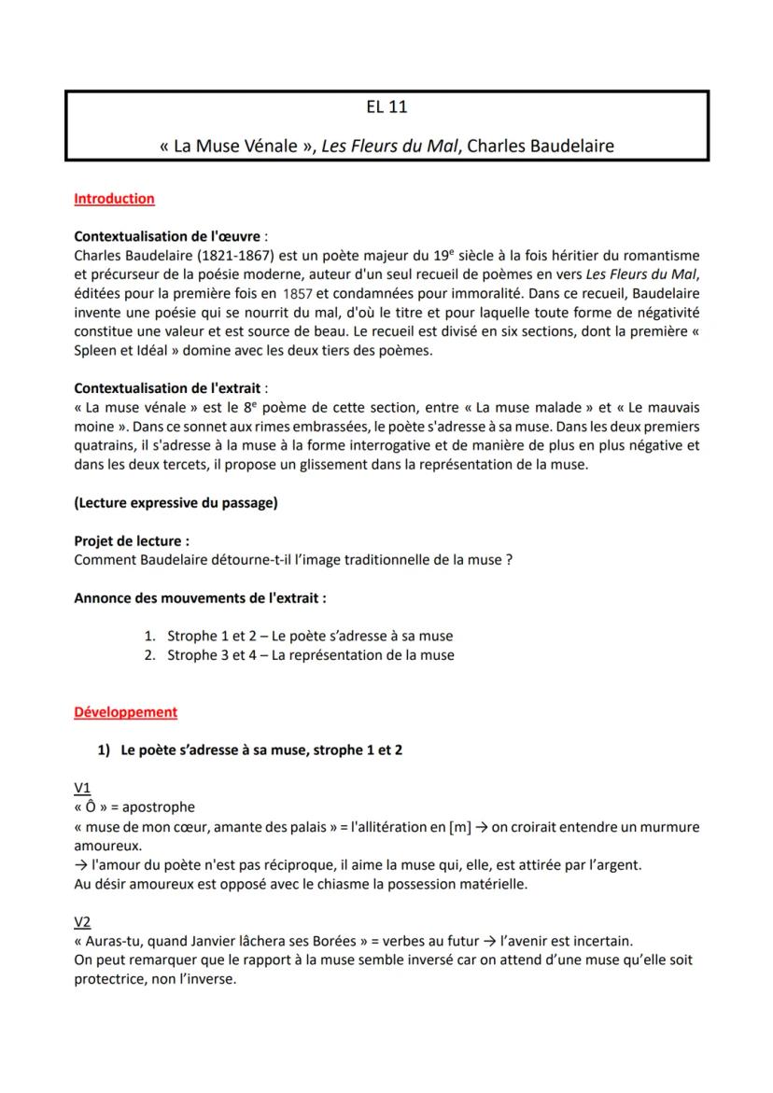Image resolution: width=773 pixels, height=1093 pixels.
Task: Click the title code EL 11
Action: [386, 107]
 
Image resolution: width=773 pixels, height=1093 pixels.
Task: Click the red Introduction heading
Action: [114, 198]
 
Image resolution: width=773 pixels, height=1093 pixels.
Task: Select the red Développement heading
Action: [125, 711]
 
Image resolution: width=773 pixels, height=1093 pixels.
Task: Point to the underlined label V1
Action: [82, 789]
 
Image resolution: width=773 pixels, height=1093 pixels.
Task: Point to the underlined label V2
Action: [82, 922]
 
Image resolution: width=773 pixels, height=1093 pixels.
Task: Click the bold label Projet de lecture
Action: [131, 540]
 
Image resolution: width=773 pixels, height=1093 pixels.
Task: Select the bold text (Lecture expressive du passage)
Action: [176, 502]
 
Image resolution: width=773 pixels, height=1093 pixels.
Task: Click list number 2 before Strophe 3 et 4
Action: [149, 655]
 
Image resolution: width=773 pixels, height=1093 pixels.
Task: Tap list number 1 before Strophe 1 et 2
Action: [149, 636]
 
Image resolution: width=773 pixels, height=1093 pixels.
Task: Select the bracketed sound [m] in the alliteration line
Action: [460, 826]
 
